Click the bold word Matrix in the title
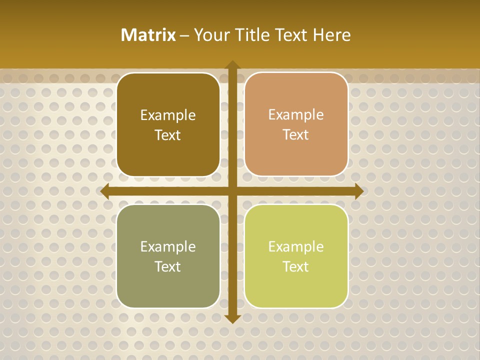[x=148, y=35]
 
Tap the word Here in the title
[x=331, y=35]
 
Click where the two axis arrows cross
[x=232, y=191]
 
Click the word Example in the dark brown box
[x=168, y=115]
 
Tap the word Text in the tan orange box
[x=296, y=135]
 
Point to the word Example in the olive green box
[x=168, y=247]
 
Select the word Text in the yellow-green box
[x=296, y=267]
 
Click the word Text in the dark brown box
[x=168, y=135]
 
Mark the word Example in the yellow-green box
[x=296, y=247]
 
